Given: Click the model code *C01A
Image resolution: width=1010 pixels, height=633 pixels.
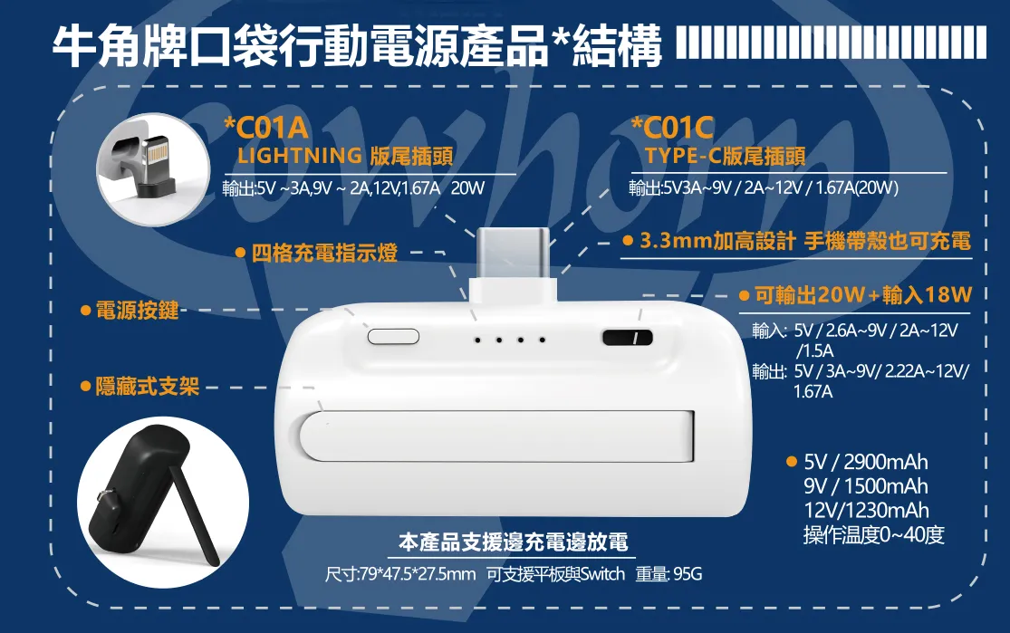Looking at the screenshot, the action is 266,129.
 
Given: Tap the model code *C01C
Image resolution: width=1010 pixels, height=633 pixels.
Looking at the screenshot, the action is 672,129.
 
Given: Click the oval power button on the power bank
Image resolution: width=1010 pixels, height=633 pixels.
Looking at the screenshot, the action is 393,336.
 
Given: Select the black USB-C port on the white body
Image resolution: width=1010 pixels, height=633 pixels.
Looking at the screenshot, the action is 628,338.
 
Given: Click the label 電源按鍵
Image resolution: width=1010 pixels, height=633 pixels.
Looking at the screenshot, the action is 137,311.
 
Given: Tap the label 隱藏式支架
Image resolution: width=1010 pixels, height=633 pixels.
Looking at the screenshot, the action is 148,387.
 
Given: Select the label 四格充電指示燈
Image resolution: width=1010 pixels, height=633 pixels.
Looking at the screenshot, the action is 324,253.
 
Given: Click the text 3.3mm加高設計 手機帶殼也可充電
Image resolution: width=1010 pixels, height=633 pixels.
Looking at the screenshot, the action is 805,241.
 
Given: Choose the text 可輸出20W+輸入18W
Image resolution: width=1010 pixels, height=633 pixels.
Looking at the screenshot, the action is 863,295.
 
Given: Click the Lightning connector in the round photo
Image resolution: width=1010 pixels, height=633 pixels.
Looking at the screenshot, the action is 153,166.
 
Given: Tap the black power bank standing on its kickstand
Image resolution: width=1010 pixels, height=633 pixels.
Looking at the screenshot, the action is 155,493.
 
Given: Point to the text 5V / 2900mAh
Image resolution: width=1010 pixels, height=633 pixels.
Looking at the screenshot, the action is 866,462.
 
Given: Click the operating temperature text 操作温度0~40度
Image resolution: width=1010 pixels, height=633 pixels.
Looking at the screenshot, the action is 874,534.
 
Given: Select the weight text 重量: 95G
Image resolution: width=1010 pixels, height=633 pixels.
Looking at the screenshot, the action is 669,574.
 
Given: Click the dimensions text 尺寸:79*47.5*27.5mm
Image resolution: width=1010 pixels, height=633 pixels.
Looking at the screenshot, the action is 400,574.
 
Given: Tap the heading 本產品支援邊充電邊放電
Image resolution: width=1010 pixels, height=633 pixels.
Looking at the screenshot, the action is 514,542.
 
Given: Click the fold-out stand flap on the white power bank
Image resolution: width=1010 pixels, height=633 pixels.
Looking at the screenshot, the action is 496,436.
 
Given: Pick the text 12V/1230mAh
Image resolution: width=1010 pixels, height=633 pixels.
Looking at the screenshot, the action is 866,510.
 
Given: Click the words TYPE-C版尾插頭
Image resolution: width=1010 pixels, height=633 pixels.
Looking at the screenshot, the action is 726,155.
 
